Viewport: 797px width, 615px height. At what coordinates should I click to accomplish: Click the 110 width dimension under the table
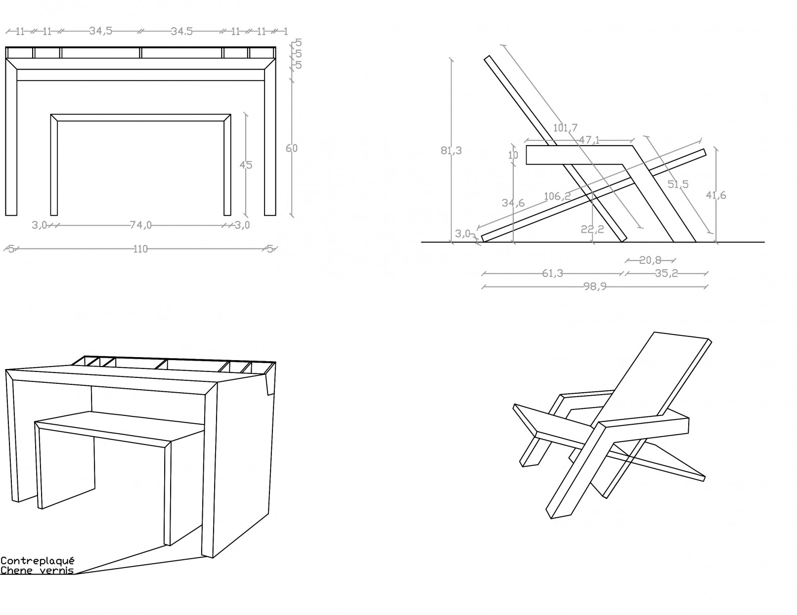coord(141,249)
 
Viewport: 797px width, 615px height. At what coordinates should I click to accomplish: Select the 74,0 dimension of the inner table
coord(141,226)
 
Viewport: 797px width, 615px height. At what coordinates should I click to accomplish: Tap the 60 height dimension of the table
coord(292,148)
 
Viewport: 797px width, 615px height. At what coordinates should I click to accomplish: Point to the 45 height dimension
coord(246,165)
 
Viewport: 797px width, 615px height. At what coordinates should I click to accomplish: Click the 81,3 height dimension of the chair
coord(451,151)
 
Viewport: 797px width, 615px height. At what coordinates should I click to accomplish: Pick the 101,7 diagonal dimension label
coord(565,128)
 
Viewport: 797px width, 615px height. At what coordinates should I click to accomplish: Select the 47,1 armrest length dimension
coord(589,140)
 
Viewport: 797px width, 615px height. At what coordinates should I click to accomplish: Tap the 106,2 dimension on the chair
coord(557,196)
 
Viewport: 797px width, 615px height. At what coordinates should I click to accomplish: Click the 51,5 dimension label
coord(678,184)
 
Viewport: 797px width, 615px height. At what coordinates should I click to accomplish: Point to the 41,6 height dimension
coord(716,195)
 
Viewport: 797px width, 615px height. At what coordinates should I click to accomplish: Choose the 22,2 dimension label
coord(592,229)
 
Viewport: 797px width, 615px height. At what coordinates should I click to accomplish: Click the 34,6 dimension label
coord(513,203)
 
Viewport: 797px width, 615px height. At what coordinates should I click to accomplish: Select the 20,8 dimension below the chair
coord(650,260)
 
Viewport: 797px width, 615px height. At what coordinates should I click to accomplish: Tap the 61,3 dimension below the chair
coord(553,273)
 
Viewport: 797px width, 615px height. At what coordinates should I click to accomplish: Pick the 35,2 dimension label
coord(666,273)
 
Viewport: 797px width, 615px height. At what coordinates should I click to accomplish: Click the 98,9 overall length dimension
coord(595,287)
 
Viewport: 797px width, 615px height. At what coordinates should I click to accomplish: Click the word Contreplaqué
coord(38,561)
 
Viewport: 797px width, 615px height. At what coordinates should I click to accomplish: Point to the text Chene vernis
coord(37,571)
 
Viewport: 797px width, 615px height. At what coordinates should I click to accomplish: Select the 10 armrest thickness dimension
coord(513,155)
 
